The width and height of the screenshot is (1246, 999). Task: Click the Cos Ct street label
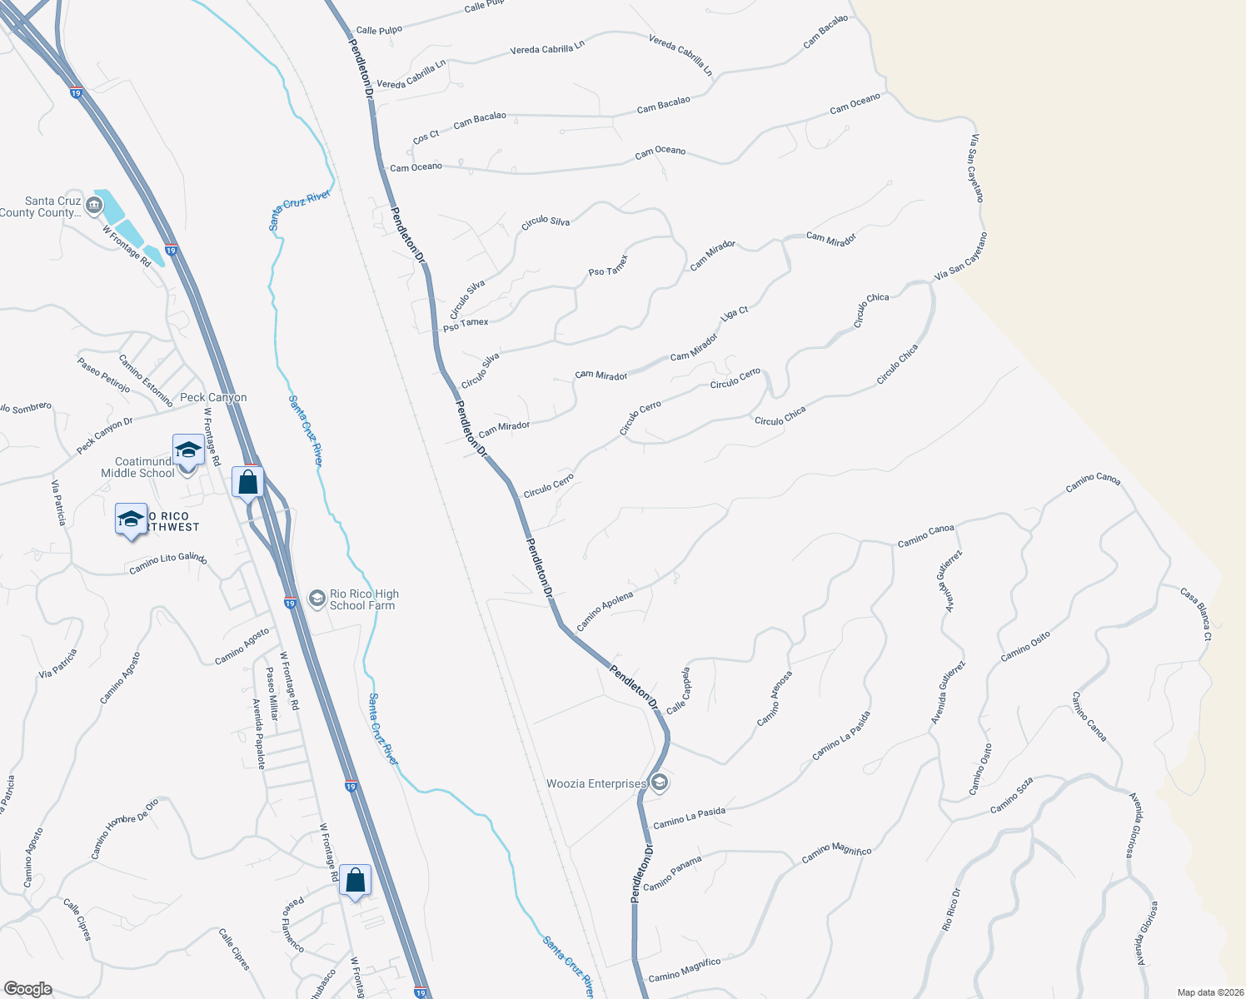(x=426, y=137)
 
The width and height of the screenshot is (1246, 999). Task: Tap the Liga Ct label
(x=734, y=314)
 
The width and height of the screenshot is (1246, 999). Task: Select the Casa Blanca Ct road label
(x=1196, y=614)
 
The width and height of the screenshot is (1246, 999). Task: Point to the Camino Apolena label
(x=605, y=610)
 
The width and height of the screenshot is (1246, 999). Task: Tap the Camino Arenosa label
(x=774, y=698)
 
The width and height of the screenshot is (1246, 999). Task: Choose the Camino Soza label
(x=1012, y=795)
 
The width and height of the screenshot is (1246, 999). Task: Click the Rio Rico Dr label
(x=952, y=909)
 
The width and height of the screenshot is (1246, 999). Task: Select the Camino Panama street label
(x=672, y=873)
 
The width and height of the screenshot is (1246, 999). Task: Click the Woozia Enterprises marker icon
(x=660, y=783)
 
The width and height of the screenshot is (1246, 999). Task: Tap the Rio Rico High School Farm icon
(x=316, y=599)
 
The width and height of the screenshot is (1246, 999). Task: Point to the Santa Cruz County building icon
(x=93, y=202)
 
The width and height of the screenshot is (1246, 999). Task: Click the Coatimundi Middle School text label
(x=139, y=467)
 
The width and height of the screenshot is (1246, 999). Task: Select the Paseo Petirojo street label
(x=103, y=375)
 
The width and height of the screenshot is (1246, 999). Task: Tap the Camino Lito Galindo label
(x=168, y=564)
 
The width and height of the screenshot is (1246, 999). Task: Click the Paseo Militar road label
(x=272, y=693)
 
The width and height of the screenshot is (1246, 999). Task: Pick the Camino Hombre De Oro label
(x=124, y=829)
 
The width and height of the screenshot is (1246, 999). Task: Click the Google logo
(x=27, y=989)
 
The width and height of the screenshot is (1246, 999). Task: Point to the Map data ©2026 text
(x=1209, y=992)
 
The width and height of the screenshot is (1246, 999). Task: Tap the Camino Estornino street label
(x=146, y=380)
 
